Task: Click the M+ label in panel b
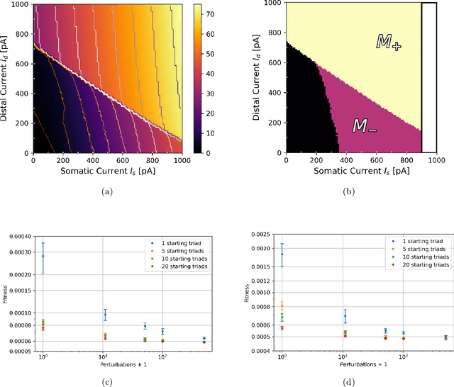click(x=388, y=44)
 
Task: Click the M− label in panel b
click(x=365, y=126)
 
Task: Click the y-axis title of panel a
click(x=7, y=77)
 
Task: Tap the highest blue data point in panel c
click(x=43, y=256)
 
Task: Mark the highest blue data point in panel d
click(x=282, y=254)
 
